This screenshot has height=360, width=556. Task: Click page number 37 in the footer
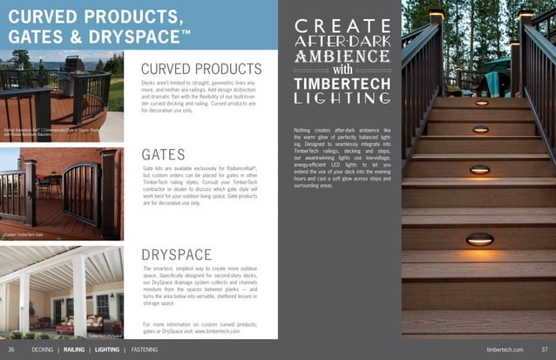point(543,350)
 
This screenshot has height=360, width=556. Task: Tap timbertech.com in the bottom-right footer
point(505,350)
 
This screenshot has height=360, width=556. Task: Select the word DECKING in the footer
point(42,350)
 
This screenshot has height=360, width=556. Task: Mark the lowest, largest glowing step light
point(479,238)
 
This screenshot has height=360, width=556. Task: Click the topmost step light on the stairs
point(481,103)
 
